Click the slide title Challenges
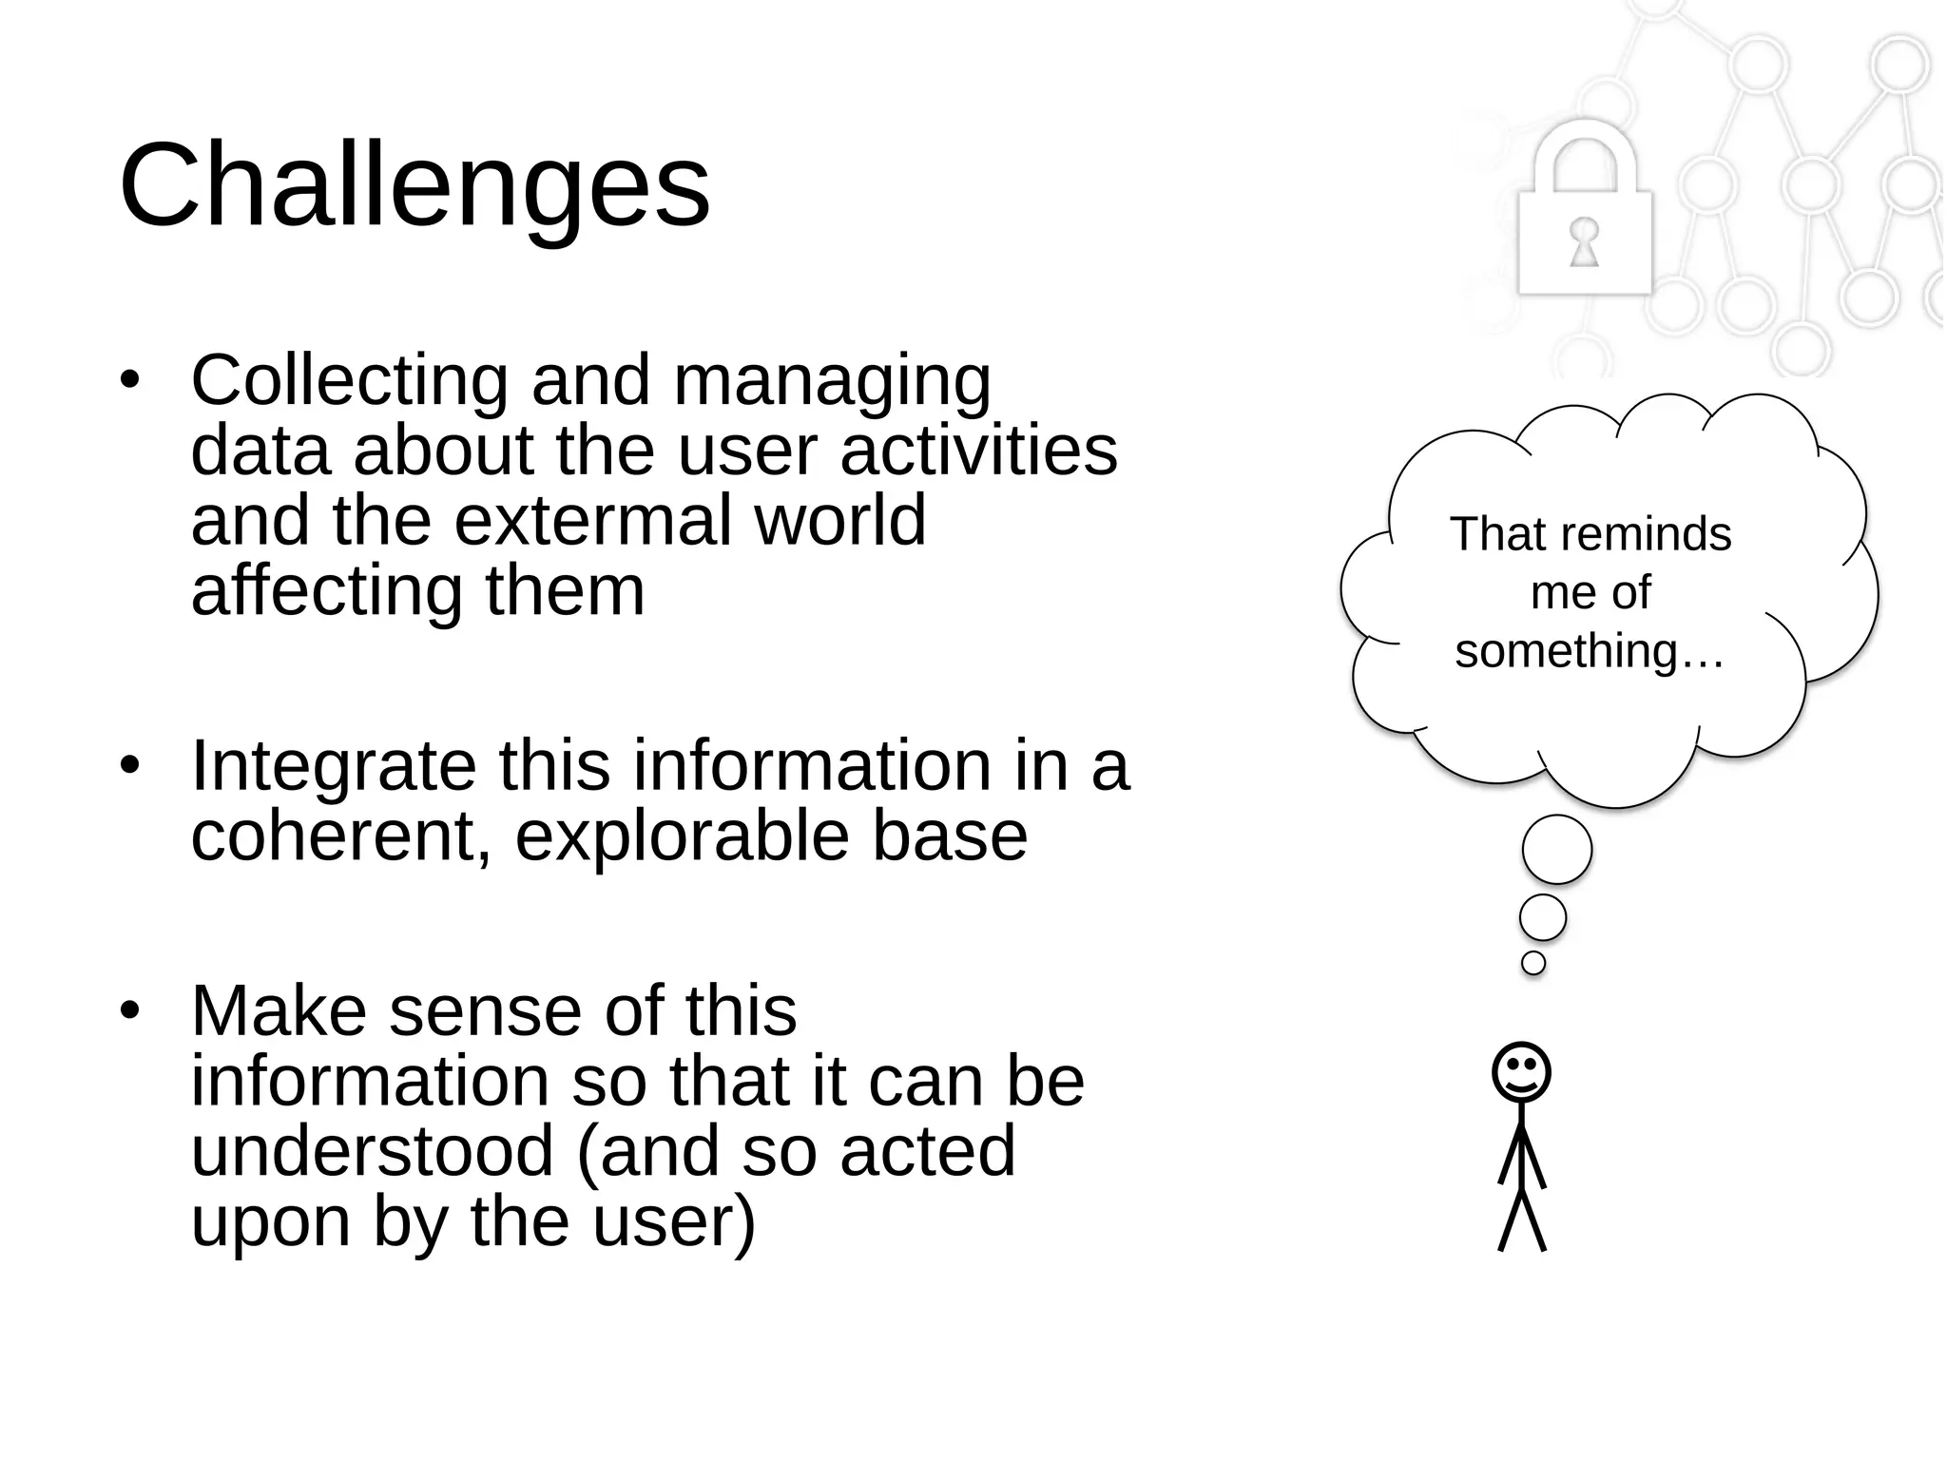414,185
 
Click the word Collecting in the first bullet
350,380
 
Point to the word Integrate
334,766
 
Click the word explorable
682,836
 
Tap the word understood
373,1151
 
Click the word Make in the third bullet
279,1011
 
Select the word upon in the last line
271,1223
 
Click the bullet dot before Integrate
130,766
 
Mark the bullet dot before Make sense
130,1011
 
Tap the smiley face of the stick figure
1521,1072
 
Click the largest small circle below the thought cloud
1556,850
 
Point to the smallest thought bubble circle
1533,963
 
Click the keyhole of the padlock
1584,241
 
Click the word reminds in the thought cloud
1644,535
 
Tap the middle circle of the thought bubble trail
1543,917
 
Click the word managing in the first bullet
832,380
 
